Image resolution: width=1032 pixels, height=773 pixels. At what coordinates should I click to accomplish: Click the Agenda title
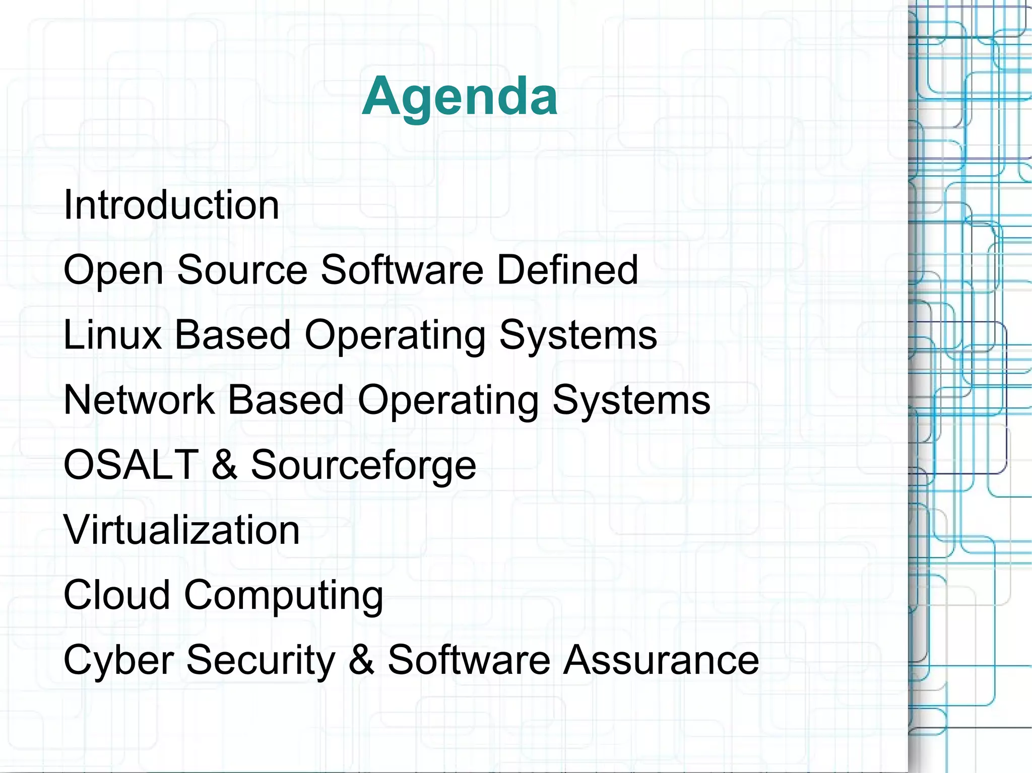[x=460, y=96]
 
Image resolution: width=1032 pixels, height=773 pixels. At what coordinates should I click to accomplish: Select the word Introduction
[x=171, y=205]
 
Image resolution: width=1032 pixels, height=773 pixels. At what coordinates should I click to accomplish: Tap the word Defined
[x=567, y=270]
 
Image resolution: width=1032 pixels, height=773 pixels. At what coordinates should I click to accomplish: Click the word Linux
[x=112, y=335]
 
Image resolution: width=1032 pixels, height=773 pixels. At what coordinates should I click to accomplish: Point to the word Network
[x=139, y=400]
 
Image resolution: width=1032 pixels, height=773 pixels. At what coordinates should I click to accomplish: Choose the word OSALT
[x=131, y=464]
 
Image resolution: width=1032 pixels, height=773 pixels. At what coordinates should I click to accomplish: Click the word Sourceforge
[x=363, y=465]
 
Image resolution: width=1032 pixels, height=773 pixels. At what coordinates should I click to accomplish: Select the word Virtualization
[x=181, y=530]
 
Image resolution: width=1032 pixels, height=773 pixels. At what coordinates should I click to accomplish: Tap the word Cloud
[x=117, y=595]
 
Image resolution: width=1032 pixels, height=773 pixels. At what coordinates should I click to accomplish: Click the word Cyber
[x=119, y=660]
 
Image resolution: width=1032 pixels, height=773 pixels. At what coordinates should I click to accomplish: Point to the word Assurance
[x=661, y=660]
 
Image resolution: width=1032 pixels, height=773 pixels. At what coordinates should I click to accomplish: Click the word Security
[x=261, y=660]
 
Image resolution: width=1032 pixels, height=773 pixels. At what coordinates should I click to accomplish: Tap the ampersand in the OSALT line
[x=225, y=464]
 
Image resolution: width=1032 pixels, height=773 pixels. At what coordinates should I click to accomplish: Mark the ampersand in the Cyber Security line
[x=361, y=660]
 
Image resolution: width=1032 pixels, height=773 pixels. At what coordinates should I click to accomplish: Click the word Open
[x=113, y=271]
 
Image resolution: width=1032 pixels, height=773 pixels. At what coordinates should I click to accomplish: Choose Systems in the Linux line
[x=578, y=336]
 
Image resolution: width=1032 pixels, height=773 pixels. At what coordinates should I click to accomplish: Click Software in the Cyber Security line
[x=469, y=660]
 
